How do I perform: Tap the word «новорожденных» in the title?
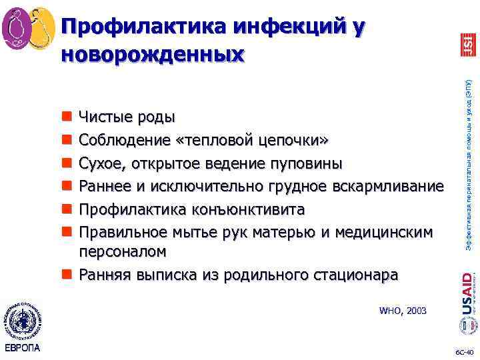153,53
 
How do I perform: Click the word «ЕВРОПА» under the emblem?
22,349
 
